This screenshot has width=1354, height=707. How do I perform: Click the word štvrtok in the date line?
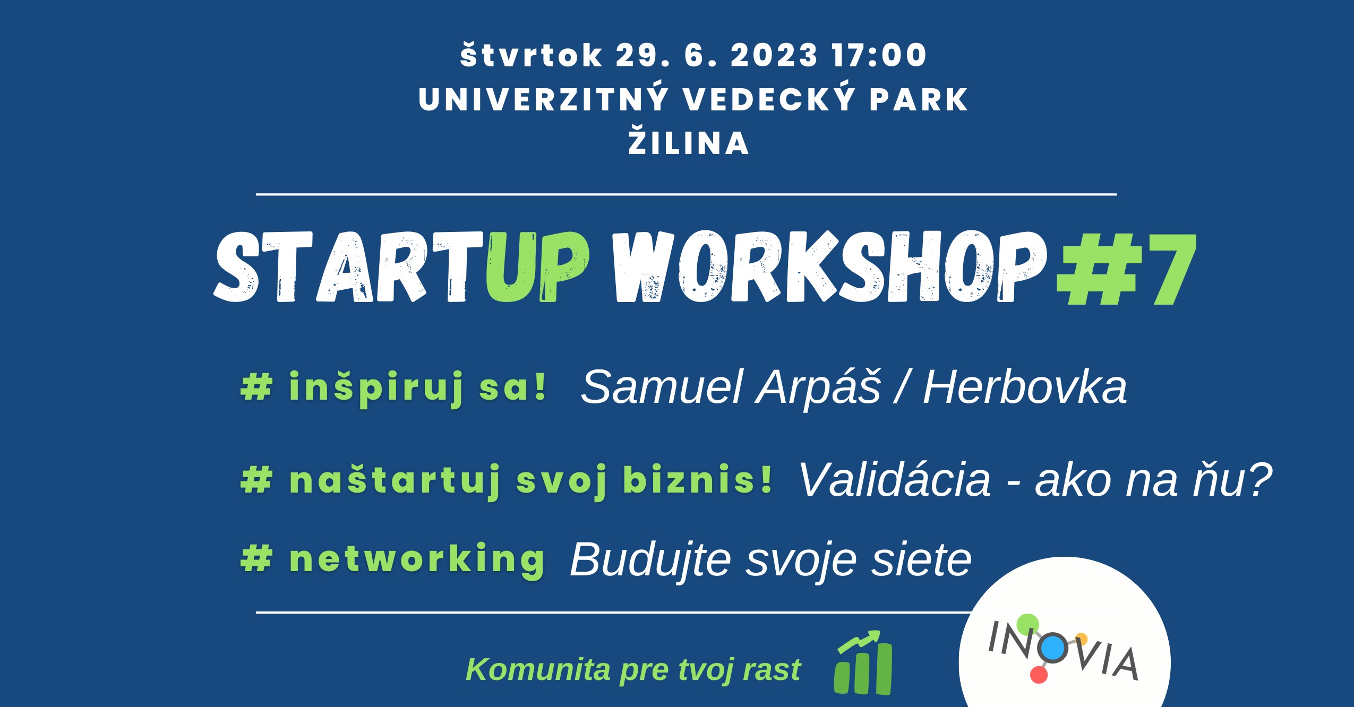(532, 55)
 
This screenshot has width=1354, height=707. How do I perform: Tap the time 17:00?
(879, 55)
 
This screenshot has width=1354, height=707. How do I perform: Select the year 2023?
(774, 55)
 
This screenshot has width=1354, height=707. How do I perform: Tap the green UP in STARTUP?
(537, 266)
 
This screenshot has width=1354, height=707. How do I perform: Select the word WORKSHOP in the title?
(829, 266)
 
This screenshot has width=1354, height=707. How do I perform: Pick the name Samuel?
(662, 387)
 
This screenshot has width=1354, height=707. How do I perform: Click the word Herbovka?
(1025, 387)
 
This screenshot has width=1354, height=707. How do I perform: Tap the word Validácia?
(895, 480)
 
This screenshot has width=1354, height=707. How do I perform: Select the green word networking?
(417, 559)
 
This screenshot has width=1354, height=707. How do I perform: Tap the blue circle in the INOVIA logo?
(1054, 648)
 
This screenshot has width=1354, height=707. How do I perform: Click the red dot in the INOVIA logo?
(1039, 675)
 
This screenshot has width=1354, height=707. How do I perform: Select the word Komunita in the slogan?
(538, 669)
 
